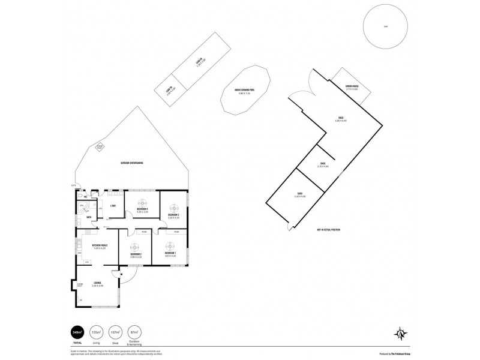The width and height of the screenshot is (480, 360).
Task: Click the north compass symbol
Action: [x=401, y=333]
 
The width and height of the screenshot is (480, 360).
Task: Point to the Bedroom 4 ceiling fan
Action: [x=142, y=203]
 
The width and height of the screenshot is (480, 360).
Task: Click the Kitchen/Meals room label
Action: [x=100, y=245]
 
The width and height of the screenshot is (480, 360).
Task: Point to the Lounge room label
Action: [x=97, y=282]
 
